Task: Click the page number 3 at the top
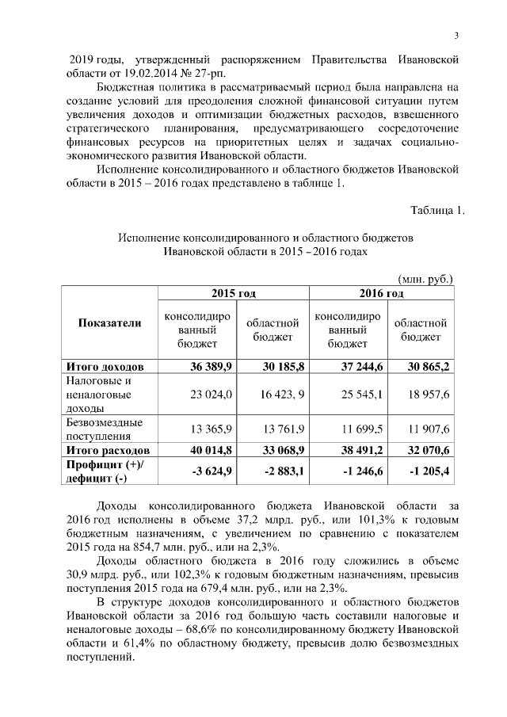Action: pyautogui.click(x=457, y=35)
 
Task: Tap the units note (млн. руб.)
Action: pyautogui.click(x=425, y=279)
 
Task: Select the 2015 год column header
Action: pyautogui.click(x=233, y=294)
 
